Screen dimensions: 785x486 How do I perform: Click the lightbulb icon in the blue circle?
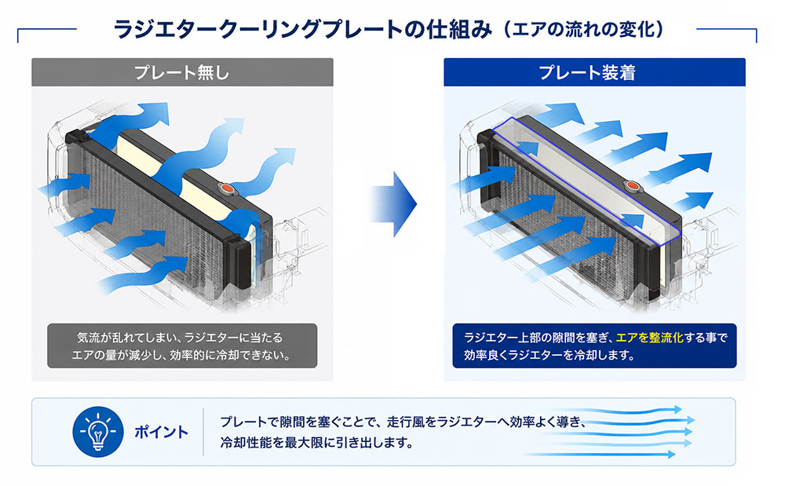tap(98, 432)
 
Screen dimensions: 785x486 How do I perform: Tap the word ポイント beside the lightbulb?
tap(161, 432)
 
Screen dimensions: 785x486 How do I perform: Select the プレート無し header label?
tap(182, 72)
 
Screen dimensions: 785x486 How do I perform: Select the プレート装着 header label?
tap(587, 72)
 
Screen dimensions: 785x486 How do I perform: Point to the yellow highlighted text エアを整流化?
tap(649, 338)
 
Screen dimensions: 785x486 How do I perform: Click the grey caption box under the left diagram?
tap(182, 346)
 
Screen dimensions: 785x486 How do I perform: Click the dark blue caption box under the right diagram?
tap(594, 346)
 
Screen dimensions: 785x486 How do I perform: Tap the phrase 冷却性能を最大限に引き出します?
tap(317, 443)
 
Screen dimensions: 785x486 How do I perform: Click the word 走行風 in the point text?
tap(405, 422)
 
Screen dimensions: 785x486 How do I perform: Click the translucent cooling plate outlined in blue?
tap(586, 177)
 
